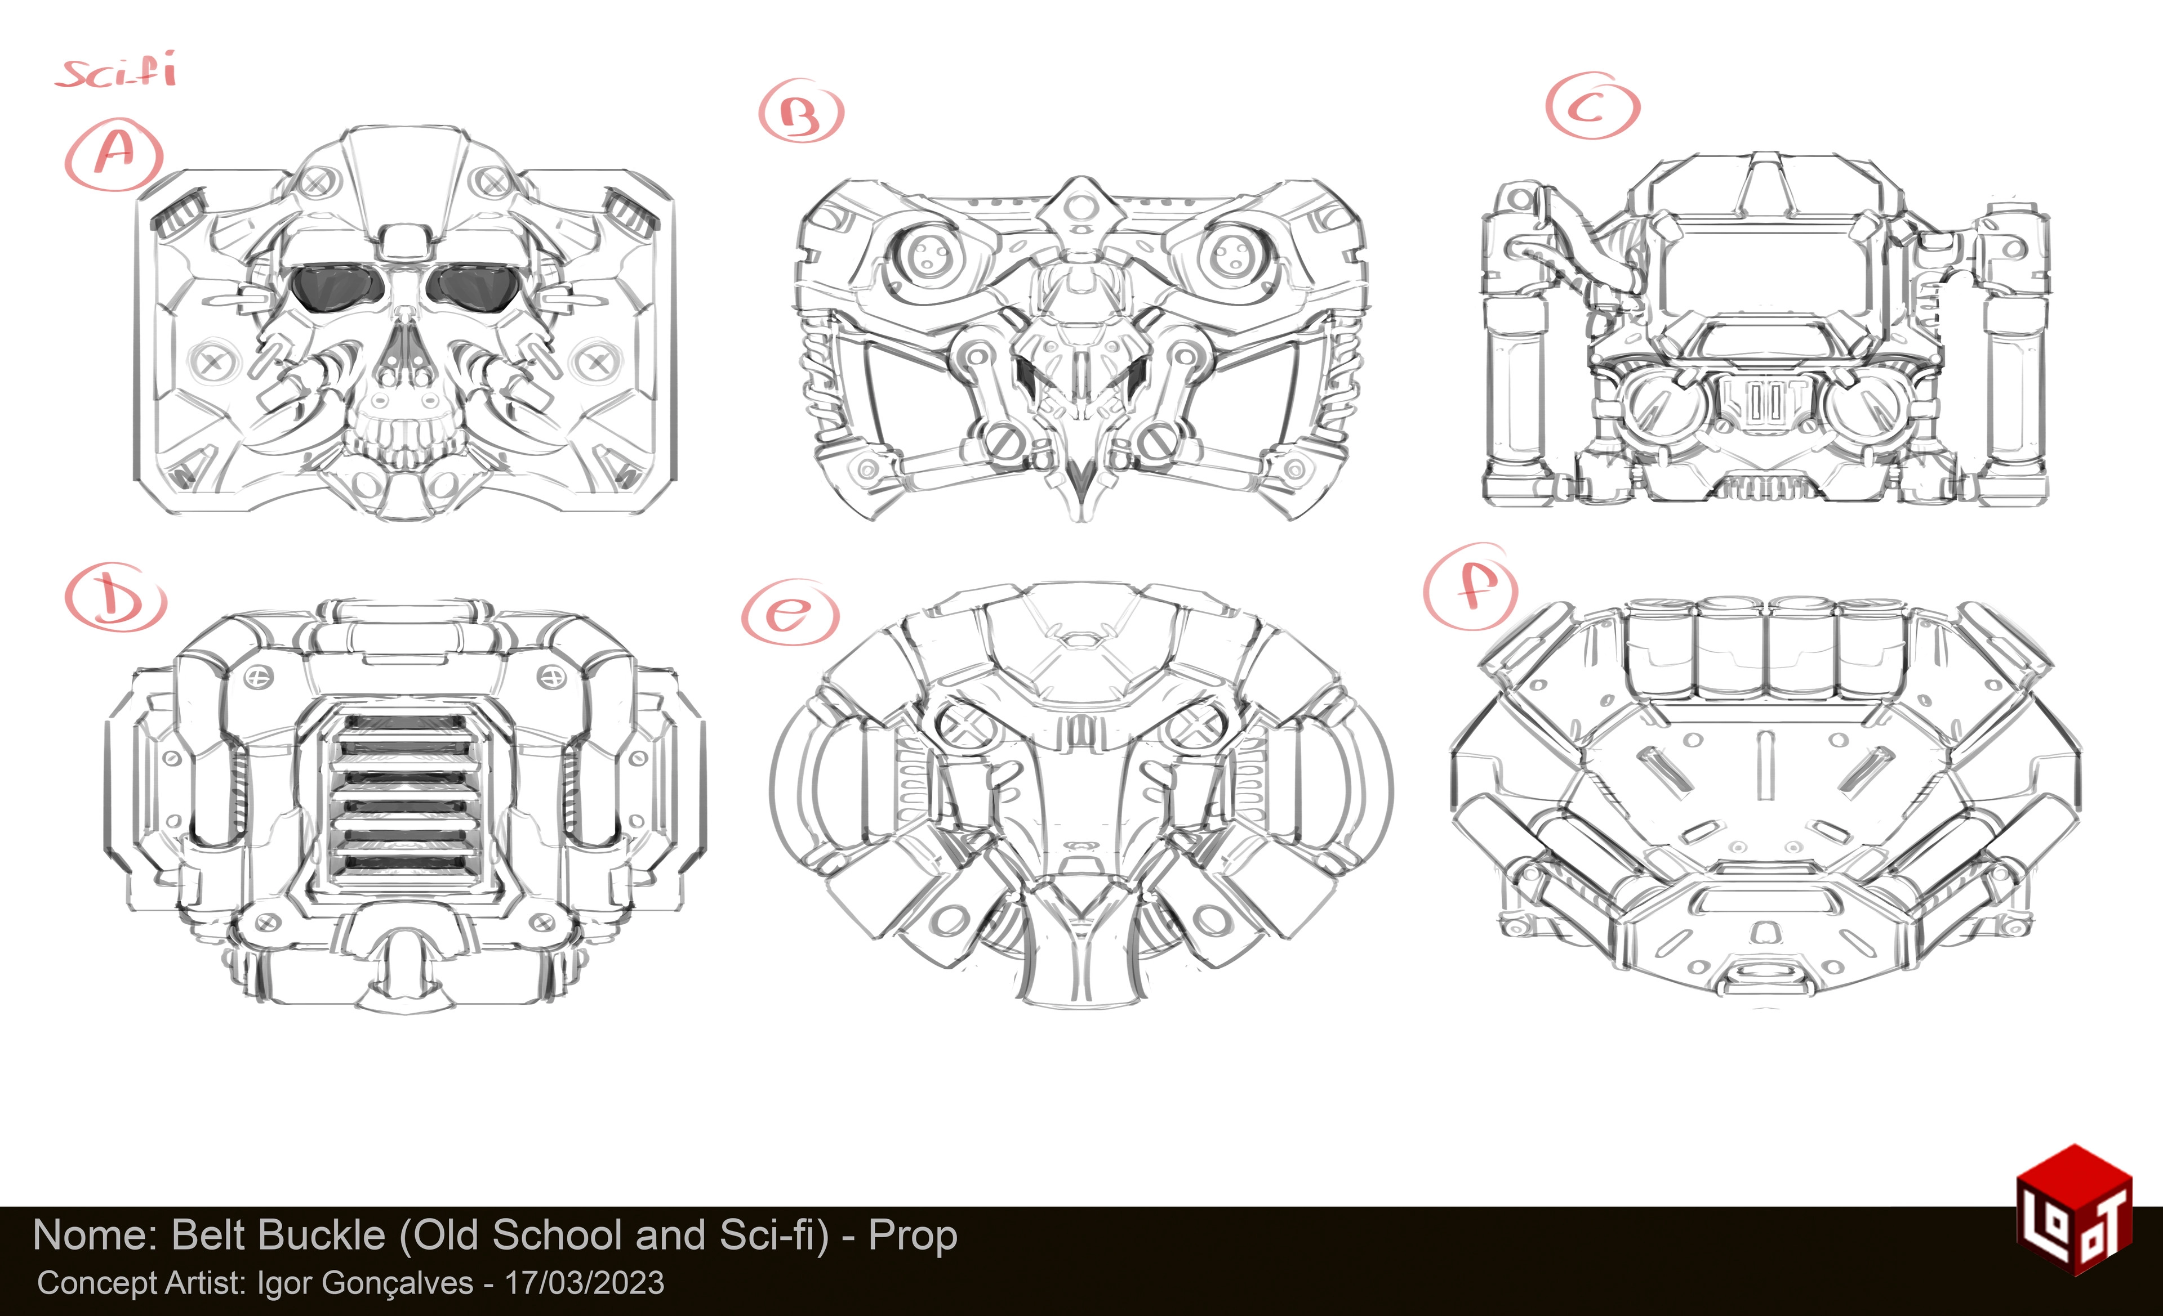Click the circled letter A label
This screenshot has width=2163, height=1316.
pyautogui.click(x=114, y=154)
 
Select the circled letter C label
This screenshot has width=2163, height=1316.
pyautogui.click(x=1592, y=106)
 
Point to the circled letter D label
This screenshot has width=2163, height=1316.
pyautogui.click(x=115, y=597)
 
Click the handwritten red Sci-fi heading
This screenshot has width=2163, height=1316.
pyautogui.click(x=117, y=70)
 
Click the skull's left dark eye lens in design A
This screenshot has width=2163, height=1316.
pyautogui.click(x=335, y=287)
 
